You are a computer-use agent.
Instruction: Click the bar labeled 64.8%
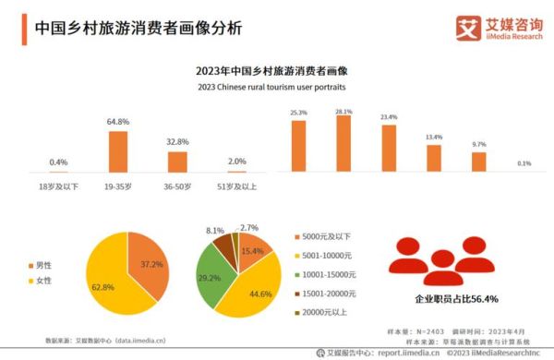coord(117,152)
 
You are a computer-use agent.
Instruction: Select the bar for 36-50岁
coord(176,162)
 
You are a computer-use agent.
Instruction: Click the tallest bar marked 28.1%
coord(343,145)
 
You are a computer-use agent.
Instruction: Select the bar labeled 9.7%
coord(478,162)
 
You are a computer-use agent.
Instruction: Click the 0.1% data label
coord(524,163)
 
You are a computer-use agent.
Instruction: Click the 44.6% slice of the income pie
coord(259,286)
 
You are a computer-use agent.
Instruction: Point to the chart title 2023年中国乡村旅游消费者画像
coord(277,70)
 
